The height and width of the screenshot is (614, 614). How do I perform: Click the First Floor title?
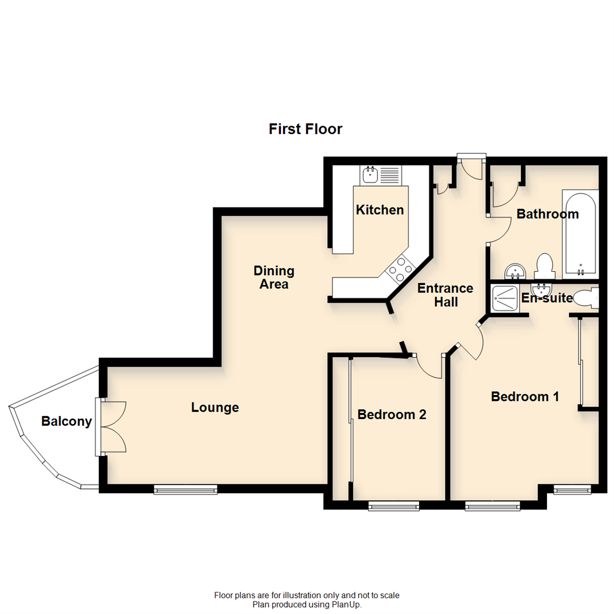click(x=305, y=129)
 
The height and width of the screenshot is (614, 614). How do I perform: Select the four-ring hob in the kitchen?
click(x=400, y=269)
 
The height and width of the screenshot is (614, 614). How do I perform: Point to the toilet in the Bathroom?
click(x=545, y=265)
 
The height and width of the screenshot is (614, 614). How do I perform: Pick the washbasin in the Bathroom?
click(x=515, y=271)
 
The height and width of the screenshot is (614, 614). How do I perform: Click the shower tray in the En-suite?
click(x=503, y=298)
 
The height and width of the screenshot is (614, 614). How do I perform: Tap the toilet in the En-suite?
click(x=586, y=298)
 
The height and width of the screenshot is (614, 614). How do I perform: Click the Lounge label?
click(x=215, y=408)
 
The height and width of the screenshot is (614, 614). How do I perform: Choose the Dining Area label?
click(x=274, y=277)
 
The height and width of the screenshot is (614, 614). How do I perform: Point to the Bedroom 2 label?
click(x=392, y=414)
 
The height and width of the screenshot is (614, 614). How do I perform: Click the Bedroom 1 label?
click(x=525, y=396)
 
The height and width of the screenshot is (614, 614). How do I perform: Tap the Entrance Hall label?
click(x=445, y=295)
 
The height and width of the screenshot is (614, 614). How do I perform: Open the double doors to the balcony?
click(x=113, y=427)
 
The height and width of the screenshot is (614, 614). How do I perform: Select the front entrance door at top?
click(x=471, y=165)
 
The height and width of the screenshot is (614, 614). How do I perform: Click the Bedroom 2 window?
click(x=393, y=505)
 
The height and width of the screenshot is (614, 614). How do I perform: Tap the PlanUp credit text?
click(x=307, y=604)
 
